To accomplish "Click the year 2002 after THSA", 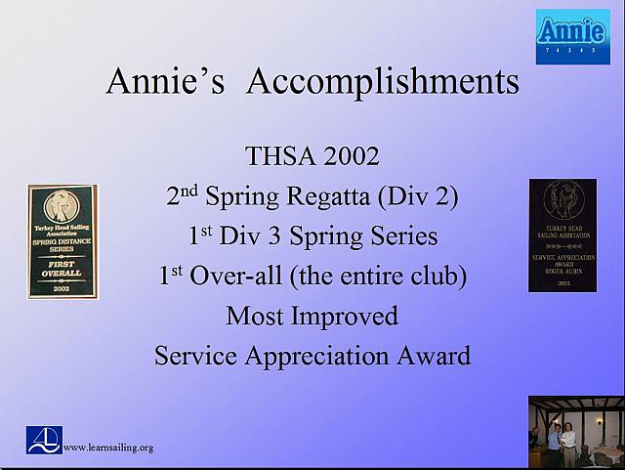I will click(x=349, y=155).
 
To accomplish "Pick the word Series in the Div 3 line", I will click(x=402, y=236).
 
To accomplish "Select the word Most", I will click(x=254, y=316).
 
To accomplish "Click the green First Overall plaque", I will click(x=62, y=240).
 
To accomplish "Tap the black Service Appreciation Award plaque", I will click(x=562, y=235).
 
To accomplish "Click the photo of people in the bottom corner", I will click(x=575, y=432).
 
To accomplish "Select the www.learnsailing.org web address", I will click(x=108, y=448).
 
